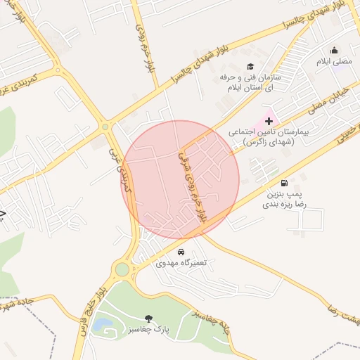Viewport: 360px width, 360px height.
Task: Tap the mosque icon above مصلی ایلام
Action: (334, 50)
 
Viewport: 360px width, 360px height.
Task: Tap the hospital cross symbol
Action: (269, 122)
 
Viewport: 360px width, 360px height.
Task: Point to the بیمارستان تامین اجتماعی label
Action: (273, 136)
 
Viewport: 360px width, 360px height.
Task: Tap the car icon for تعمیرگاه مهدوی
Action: (181, 252)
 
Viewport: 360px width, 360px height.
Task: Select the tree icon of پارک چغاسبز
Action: (148, 319)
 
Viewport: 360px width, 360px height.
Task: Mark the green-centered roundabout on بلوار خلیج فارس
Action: (122, 269)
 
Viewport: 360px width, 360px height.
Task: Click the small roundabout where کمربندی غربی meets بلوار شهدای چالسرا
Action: (105, 127)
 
